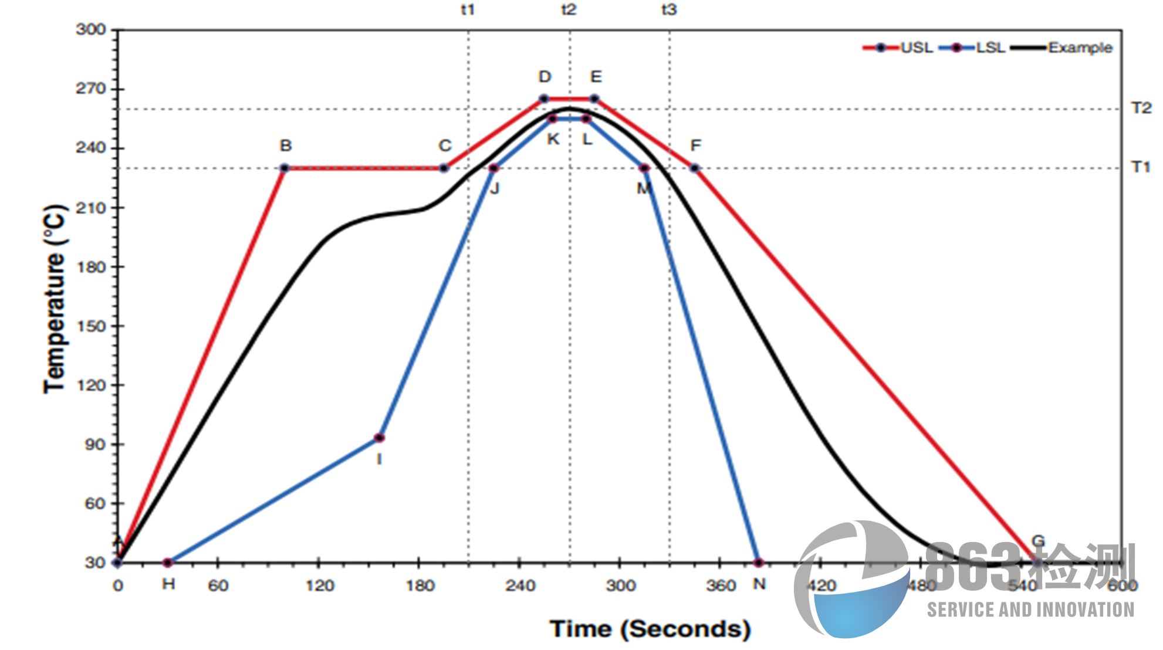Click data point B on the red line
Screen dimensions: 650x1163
285,168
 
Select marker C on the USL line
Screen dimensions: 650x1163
444,168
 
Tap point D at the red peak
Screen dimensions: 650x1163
544,99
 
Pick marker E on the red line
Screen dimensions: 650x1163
594,99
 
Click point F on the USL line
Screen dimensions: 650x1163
695,168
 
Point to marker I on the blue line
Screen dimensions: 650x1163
379,438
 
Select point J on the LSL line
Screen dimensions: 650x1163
493,168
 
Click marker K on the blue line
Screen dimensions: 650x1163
552,119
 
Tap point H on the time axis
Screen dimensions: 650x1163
168,563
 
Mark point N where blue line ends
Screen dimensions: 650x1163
759,563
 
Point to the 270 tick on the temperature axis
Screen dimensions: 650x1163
91,89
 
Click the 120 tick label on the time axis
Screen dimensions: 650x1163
319,585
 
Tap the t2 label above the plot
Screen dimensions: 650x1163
569,10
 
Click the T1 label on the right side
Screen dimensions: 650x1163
1141,168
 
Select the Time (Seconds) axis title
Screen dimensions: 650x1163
650,629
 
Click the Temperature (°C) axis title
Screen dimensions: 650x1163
55,299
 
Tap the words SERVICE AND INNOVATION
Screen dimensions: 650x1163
1030,610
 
